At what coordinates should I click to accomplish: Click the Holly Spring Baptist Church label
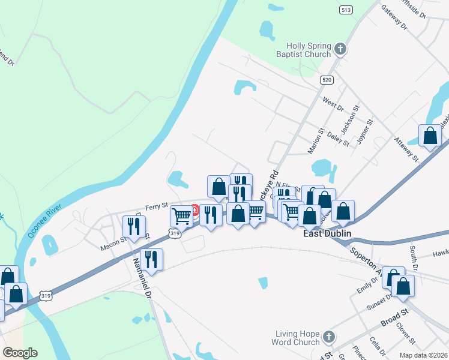pyautogui.click(x=301, y=49)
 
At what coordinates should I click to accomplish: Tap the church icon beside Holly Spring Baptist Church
pyautogui.click(x=340, y=49)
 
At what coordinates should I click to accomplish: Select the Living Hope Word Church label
pyautogui.click(x=298, y=338)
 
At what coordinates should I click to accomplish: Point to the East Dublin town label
pyautogui.click(x=325, y=234)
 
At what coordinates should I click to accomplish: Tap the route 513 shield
pyautogui.click(x=346, y=10)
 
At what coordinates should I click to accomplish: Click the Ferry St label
pyautogui.click(x=156, y=206)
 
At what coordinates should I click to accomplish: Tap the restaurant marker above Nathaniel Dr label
pyautogui.click(x=151, y=260)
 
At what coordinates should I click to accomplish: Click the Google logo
pyautogui.click(x=20, y=353)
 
